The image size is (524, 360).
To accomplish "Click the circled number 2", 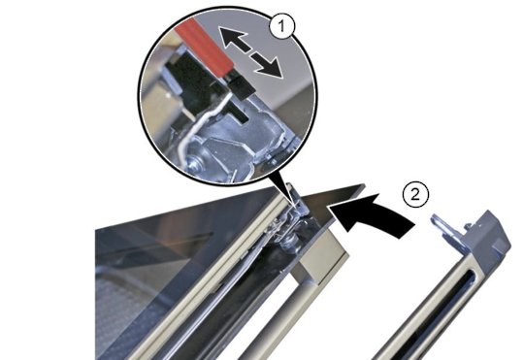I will [x=415, y=193].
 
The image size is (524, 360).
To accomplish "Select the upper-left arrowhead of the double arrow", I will [x=226, y=37].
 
